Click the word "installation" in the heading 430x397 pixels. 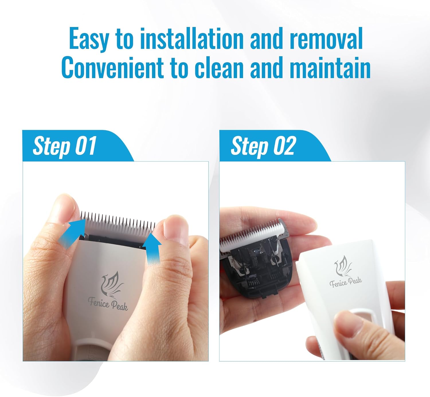[191, 39]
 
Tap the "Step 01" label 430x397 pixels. [64, 146]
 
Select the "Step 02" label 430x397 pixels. [263, 146]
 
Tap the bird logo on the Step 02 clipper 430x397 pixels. [343, 266]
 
